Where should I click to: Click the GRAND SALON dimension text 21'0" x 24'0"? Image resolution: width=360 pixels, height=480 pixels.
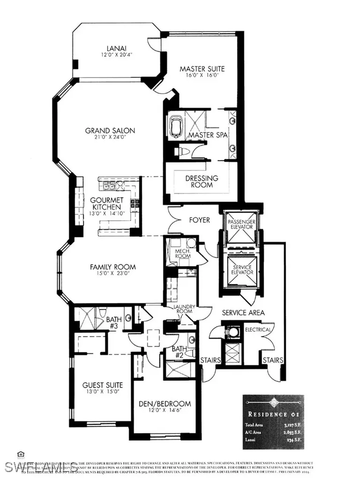[x=110, y=138]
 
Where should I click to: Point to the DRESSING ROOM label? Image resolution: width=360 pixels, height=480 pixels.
[x=202, y=181]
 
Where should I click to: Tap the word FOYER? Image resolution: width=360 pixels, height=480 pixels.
[x=199, y=220]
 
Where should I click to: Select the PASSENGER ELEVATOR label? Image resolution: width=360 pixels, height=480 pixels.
[x=240, y=224]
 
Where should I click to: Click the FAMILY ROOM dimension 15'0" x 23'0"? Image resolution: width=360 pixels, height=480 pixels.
[x=110, y=274]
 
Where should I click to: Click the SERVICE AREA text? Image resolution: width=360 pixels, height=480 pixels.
[x=243, y=312]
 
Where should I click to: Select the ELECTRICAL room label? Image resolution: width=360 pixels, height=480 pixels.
[x=258, y=330]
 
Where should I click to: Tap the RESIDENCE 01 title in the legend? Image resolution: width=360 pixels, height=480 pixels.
[x=273, y=415]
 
